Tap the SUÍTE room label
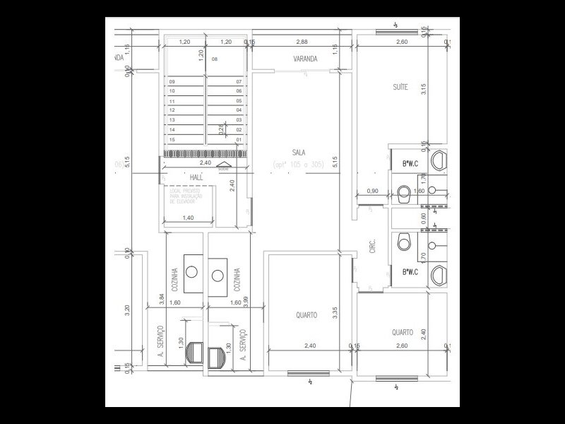point(400,88)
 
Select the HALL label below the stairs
point(196,177)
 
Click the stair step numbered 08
point(215,60)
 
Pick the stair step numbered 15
point(172,140)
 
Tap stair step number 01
point(239,140)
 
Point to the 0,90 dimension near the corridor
point(374,192)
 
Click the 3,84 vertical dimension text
point(162,298)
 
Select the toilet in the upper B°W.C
point(404,191)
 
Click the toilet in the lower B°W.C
point(404,242)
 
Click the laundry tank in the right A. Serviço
point(218,356)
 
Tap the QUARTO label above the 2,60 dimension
point(403,332)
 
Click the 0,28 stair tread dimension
point(221,130)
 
